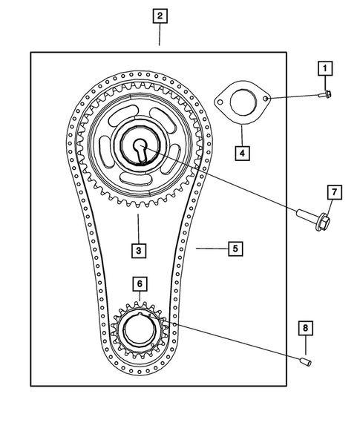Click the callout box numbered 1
(x=324, y=69)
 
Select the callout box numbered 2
(x=160, y=15)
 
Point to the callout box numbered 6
(x=139, y=283)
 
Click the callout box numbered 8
(x=305, y=327)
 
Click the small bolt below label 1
(x=325, y=94)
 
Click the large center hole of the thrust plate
(x=242, y=102)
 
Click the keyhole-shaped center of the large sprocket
(x=140, y=147)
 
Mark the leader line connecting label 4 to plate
(x=242, y=135)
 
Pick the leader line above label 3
(x=138, y=227)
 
